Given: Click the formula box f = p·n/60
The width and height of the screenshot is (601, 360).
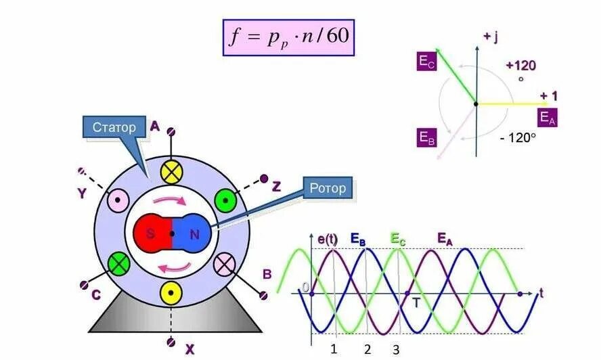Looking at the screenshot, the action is point(288,37).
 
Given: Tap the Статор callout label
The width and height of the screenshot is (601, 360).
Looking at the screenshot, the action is point(114,127).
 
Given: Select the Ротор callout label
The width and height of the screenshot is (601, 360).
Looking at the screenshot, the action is point(328,189).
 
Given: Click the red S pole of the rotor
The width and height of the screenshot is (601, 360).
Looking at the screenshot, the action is point(153,234).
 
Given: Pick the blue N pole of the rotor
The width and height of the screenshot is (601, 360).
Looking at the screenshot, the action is point(193,234).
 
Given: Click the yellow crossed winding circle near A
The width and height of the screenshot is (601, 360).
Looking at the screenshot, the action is point(172,173).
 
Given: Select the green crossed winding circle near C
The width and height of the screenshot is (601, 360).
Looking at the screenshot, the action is point(119,263).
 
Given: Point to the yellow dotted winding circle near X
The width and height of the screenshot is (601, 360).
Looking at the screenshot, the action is point(171,293).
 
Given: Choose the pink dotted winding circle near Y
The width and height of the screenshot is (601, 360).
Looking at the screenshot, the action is point(119,201).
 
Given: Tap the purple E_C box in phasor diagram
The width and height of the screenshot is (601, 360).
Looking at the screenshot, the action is point(427,62).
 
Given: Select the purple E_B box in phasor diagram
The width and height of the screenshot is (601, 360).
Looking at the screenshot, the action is point(427,138).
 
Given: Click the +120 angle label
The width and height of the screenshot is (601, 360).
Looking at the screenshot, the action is point(520,66).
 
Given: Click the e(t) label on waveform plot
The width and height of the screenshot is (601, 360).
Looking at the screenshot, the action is point(329,238).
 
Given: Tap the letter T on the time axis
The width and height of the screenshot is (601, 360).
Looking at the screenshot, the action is point(416,303).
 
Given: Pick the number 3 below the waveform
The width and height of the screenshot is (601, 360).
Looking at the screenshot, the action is point(396,349).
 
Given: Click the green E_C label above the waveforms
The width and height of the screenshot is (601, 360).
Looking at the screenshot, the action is point(399,238).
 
